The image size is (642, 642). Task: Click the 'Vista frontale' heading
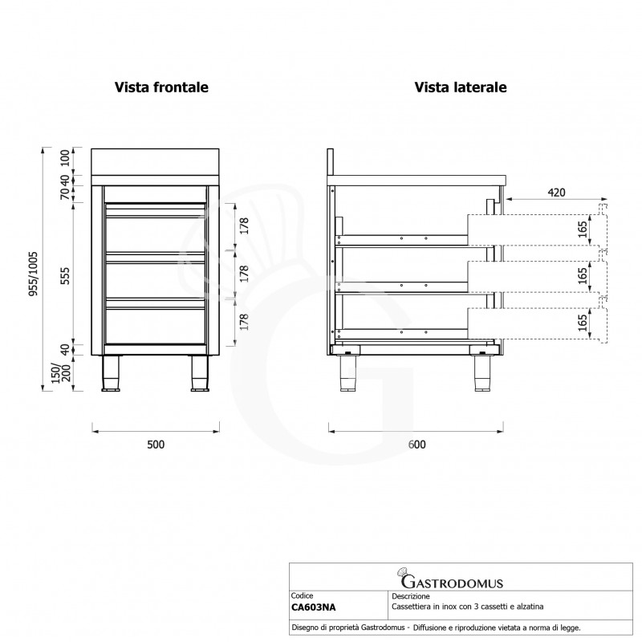[161, 87]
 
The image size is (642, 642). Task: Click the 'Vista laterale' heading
[461, 87]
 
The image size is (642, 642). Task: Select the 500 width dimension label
[156, 445]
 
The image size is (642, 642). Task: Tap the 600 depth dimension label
[416, 445]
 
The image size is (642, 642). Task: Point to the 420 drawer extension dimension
[556, 193]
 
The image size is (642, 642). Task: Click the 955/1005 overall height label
[34, 274]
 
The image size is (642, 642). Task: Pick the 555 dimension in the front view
[66, 276]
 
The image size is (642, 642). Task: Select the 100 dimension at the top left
[66, 158]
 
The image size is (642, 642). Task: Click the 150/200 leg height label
[61, 373]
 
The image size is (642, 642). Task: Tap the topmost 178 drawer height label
[244, 226]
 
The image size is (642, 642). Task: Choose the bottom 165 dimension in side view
[583, 323]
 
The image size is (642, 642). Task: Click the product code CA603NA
[313, 607]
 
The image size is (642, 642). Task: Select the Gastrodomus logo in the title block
[449, 579]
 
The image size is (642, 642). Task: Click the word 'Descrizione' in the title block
[411, 596]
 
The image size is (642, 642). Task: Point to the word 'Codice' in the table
[302, 596]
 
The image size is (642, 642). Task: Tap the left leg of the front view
[110, 373]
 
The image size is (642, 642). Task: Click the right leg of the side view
[484, 373]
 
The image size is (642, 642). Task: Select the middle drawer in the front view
[156, 276]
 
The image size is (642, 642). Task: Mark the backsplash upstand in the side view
[331, 162]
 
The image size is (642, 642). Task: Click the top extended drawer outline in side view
[537, 230]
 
